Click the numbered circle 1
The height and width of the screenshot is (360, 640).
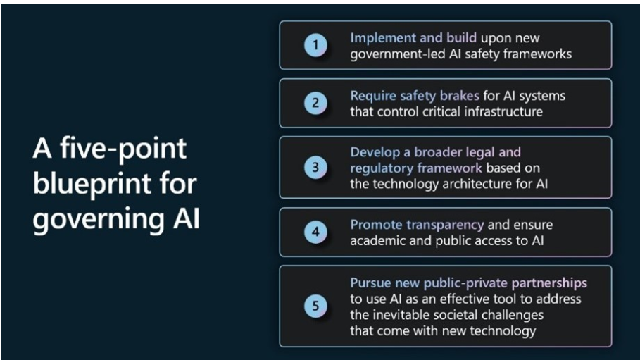coord(315,44)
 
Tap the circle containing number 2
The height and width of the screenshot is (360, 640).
coord(315,103)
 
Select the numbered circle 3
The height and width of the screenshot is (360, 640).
coord(315,167)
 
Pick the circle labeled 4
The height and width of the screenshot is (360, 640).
coord(315,232)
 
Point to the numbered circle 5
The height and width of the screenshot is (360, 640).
coord(315,306)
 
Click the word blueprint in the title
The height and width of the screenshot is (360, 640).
coord(93,185)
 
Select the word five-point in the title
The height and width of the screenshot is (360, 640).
coord(123,149)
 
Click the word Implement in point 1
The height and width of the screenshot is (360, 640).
coord(382,38)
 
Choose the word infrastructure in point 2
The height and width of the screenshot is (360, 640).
coord(505,111)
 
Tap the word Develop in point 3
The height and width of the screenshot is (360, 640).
coord(375,152)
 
